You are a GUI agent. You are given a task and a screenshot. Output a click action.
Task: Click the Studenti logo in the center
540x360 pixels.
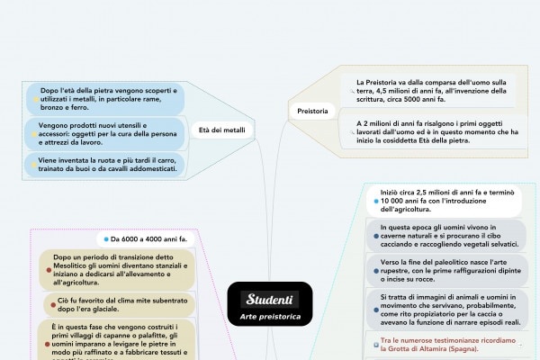[x=270, y=298]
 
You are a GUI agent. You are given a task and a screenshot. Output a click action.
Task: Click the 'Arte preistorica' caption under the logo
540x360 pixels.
[x=270, y=318]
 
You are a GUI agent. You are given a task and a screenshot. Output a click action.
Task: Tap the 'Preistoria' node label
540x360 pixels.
[x=312, y=111]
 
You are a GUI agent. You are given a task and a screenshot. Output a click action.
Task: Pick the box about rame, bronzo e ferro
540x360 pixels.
[x=103, y=100]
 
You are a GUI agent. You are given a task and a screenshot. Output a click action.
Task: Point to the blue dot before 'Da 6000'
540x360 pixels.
[x=105, y=239]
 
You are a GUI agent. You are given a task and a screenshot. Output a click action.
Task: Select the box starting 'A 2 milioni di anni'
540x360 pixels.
[x=432, y=130]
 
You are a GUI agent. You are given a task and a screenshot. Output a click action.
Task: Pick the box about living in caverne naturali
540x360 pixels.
[x=450, y=236]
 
